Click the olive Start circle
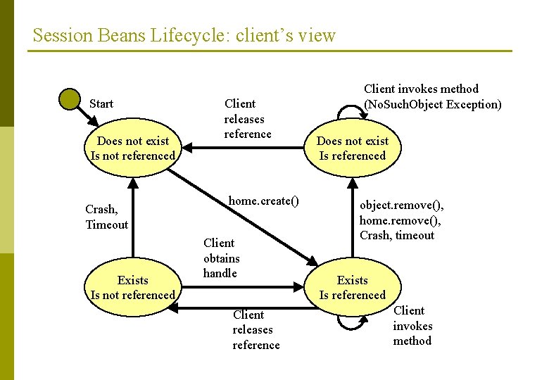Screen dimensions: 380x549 [70, 98]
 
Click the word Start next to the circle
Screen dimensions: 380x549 [101, 103]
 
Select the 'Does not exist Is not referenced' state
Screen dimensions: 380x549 [133, 148]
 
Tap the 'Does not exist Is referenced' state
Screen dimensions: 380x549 [352, 148]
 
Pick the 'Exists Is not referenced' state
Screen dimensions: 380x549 [133, 287]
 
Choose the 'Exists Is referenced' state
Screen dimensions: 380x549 [352, 287]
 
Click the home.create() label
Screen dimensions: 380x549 [263, 201]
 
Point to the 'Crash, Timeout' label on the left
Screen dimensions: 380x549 [106, 217]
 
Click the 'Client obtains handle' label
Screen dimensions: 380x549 [221, 258]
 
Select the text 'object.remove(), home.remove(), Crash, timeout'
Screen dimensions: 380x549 [401, 220]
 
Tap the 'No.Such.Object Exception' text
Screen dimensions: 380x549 [432, 105]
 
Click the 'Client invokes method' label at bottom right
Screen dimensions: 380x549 [412, 325]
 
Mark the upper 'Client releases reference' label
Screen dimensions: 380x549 [247, 118]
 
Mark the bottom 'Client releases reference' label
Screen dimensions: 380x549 [255, 329]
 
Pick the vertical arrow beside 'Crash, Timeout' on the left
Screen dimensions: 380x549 [134, 218]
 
